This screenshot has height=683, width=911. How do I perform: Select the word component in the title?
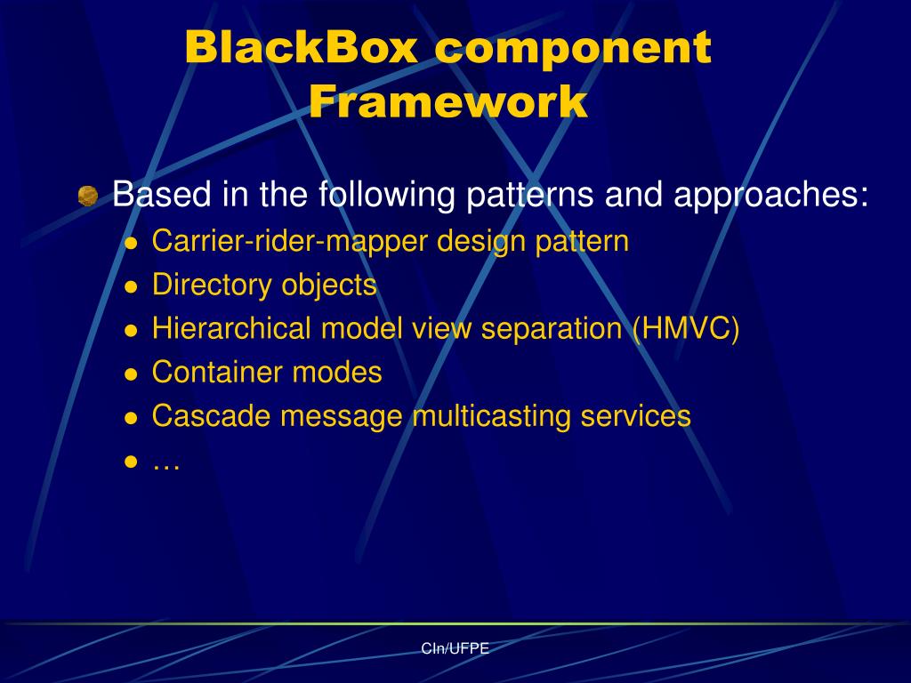tap(573, 48)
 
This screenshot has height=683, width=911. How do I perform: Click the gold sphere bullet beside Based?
tap(87, 196)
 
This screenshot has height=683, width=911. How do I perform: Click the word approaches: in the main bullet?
tap(770, 195)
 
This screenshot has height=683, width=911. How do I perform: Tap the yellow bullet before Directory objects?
tap(131, 287)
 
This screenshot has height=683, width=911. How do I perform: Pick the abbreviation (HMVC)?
tap(685, 329)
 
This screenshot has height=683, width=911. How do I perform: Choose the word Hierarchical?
tap(232, 329)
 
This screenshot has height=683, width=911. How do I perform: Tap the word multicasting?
tap(495, 416)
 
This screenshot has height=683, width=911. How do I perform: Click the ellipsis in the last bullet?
tap(166, 463)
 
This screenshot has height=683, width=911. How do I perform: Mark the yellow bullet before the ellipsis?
tap(131, 462)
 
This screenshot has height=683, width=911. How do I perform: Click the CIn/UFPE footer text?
tap(455, 648)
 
